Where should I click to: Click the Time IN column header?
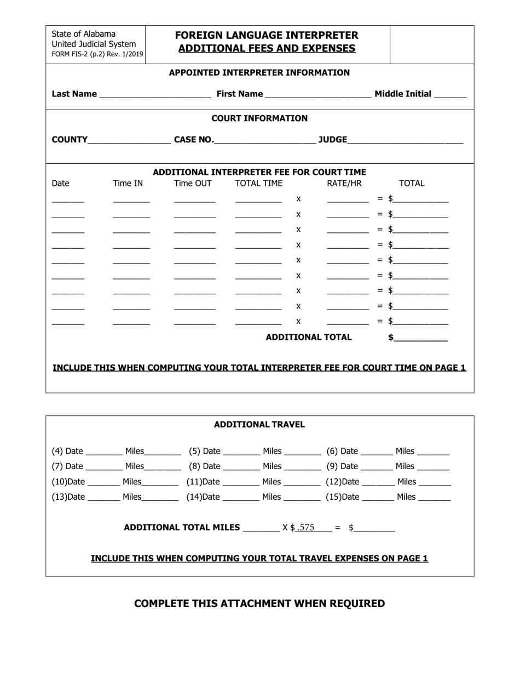[x=128, y=184]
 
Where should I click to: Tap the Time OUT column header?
[x=193, y=184]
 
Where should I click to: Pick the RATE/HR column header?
[x=344, y=184]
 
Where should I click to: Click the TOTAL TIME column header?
[x=259, y=184]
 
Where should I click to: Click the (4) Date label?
[x=67, y=452]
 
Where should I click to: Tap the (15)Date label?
[x=343, y=498]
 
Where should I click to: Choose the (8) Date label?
[x=205, y=466]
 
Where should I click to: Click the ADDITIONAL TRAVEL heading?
[x=259, y=425]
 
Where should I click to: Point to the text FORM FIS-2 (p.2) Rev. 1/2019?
[x=97, y=54]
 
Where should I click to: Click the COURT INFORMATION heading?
[x=259, y=118]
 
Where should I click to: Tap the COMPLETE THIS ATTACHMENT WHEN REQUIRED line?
[x=259, y=604]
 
